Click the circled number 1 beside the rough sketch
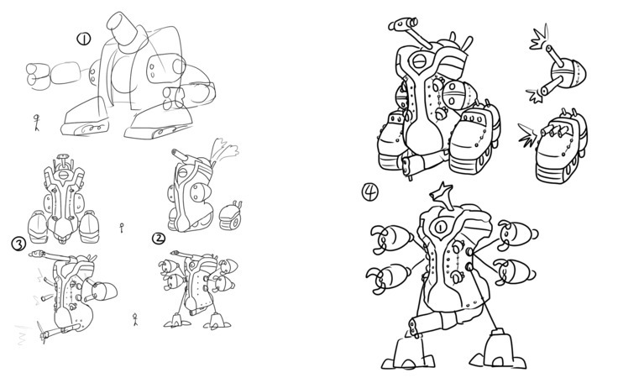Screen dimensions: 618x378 84,39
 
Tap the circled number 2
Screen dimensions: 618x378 159,238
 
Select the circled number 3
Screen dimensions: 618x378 18,244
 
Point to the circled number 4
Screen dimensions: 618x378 369,192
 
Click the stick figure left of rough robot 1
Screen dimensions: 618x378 37,122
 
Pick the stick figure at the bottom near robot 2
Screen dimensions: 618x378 135,319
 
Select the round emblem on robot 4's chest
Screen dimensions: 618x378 439,227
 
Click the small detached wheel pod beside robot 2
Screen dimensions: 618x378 231,216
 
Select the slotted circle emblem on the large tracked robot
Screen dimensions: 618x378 419,61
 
